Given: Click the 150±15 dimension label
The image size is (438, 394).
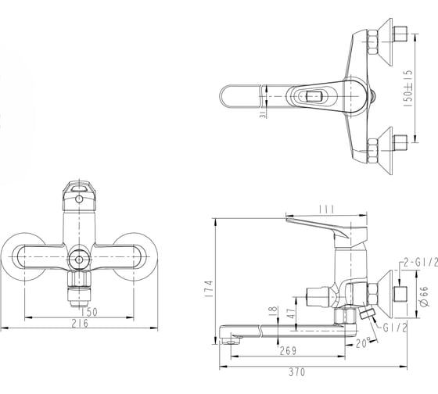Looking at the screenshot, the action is pyautogui.click(x=408, y=88).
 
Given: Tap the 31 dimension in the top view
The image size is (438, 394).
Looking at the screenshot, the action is pyautogui.click(x=263, y=114).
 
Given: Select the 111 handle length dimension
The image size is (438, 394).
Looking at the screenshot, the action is pyautogui.click(x=326, y=210).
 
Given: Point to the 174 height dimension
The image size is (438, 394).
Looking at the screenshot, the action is pyautogui.click(x=210, y=288).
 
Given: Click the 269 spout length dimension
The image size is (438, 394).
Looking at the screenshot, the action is pyautogui.click(x=288, y=351).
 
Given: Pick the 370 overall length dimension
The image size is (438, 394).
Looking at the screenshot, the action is pyautogui.click(x=297, y=372).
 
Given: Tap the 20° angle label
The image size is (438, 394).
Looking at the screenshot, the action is pyautogui.click(x=364, y=343).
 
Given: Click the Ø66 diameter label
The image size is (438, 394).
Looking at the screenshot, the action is pyautogui.click(x=424, y=296).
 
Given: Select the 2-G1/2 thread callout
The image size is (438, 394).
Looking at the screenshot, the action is pyautogui.click(x=421, y=263).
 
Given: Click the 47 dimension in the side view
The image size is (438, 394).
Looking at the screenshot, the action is pyautogui.click(x=291, y=313).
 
